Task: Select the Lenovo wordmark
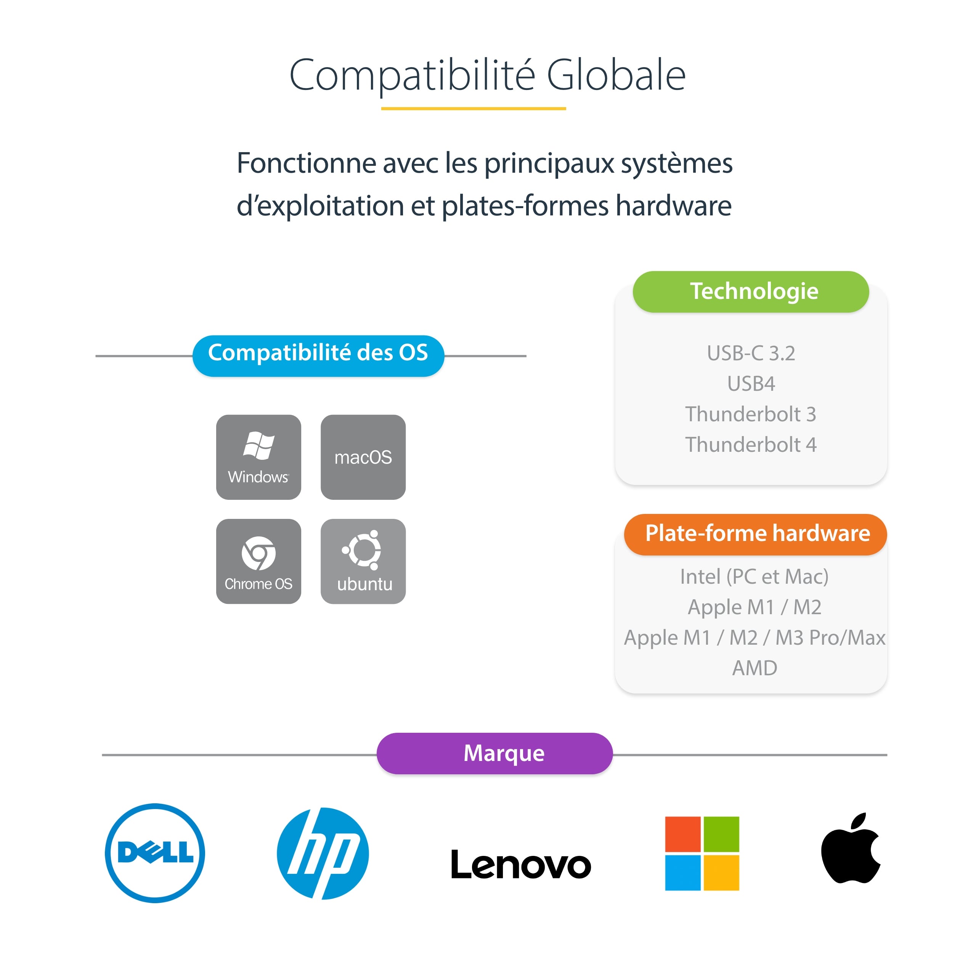pyautogui.click(x=521, y=864)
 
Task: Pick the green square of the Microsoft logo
pyautogui.click(x=721, y=834)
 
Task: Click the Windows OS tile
pyautogui.click(x=258, y=457)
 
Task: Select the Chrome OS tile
pyautogui.click(x=258, y=561)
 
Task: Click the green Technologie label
pyautogui.click(x=751, y=292)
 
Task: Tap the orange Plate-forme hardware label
pyautogui.click(x=755, y=534)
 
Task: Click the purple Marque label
pyautogui.click(x=494, y=753)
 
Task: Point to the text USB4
pyautogui.click(x=751, y=384)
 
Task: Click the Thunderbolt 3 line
pyautogui.click(x=751, y=414)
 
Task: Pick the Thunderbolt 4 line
pyautogui.click(x=751, y=445)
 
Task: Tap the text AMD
pyautogui.click(x=755, y=668)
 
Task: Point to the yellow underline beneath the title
pyautogui.click(x=474, y=108)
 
